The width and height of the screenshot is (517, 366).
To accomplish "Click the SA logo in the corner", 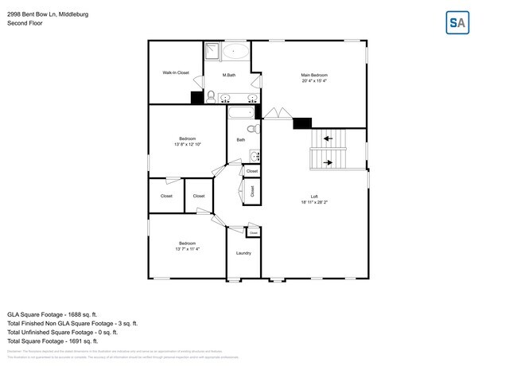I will click(457, 23).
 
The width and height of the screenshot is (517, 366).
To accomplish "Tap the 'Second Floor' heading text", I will click(25, 23).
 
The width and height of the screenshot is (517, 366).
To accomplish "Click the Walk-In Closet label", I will click(176, 72).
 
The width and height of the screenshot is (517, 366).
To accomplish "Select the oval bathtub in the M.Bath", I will click(235, 53).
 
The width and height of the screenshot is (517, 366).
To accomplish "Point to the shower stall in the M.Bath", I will click(212, 52).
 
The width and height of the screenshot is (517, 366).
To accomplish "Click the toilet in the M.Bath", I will click(210, 96).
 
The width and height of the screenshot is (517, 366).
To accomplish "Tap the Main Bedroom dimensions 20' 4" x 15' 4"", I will click(315, 80).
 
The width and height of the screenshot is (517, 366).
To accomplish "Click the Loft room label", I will click(314, 197).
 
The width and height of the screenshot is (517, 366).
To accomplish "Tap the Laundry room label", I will click(243, 253).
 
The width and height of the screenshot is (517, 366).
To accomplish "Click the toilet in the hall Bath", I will click(251, 129).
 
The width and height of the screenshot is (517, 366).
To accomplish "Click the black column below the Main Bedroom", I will click(302, 123).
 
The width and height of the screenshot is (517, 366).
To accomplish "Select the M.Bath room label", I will click(228, 76).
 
